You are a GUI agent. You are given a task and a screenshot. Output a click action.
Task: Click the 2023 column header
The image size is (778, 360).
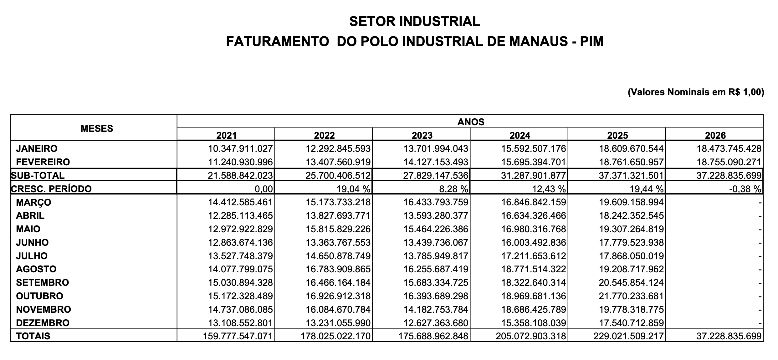(x=422, y=135)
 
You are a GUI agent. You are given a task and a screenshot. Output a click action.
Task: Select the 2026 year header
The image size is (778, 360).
(x=715, y=135)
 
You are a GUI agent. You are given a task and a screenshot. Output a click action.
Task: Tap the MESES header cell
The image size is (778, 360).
(x=97, y=128)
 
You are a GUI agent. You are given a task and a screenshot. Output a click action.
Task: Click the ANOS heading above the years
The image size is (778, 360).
(x=471, y=122)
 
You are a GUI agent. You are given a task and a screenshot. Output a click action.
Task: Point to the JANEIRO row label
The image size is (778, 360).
(x=37, y=148)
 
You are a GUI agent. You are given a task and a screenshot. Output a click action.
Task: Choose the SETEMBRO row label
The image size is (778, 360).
(x=42, y=282)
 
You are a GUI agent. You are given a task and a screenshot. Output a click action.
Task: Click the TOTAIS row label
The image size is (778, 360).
(x=33, y=336)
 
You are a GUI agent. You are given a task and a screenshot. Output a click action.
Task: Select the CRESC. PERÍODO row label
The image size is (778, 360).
(x=51, y=189)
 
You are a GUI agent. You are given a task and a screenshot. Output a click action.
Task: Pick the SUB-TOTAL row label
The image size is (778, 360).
(x=38, y=175)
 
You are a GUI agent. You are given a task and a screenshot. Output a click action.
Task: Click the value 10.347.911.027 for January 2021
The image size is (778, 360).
(x=240, y=148)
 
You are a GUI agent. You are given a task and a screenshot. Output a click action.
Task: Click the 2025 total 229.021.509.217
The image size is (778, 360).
(x=628, y=336)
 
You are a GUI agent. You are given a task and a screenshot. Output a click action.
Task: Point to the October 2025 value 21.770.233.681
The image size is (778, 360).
(x=631, y=296)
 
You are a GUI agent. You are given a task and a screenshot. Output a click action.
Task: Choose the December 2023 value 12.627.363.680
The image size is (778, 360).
(x=436, y=323)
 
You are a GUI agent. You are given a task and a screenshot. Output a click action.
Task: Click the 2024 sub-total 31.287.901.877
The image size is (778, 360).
(x=534, y=176)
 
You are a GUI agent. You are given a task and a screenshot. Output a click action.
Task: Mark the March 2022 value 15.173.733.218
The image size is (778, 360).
(x=338, y=202)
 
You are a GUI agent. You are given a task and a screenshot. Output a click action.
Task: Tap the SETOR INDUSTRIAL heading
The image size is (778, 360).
(x=414, y=21)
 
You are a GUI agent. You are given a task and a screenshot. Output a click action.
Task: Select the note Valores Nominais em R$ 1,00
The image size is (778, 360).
(x=696, y=92)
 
